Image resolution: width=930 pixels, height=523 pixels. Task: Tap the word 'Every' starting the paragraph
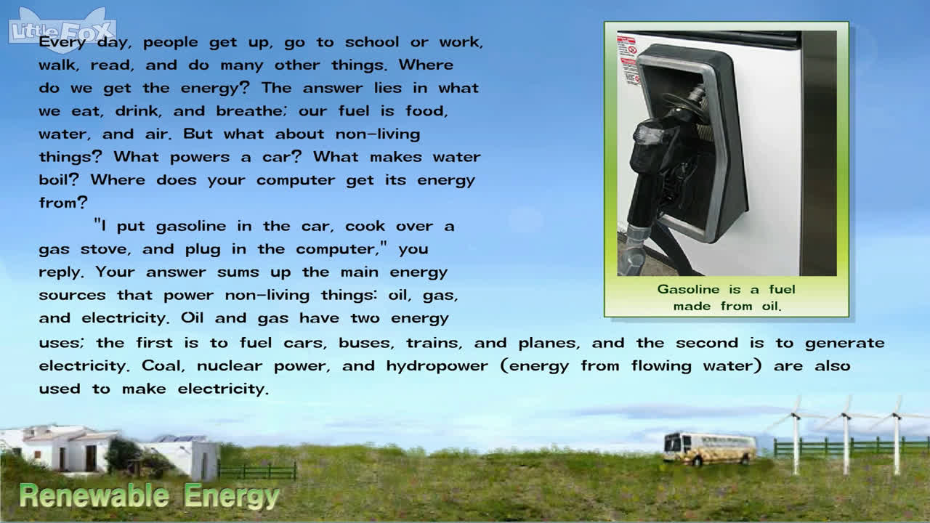pos(62,42)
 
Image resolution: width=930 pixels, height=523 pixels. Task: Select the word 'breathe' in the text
pos(249,111)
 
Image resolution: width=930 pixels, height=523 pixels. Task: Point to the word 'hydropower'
pos(437,366)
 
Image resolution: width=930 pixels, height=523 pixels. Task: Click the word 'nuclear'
pos(230,366)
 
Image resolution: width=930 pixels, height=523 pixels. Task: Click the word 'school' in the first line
pos(372,42)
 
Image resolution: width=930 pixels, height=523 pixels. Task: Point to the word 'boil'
pos(57,179)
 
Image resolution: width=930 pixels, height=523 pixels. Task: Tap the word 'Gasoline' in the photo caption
pos(688,289)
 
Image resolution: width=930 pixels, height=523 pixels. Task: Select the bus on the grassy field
pos(710,448)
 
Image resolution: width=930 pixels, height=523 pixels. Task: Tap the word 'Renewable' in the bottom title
pos(94,496)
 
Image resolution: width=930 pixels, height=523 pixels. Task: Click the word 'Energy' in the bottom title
pos(231,497)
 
